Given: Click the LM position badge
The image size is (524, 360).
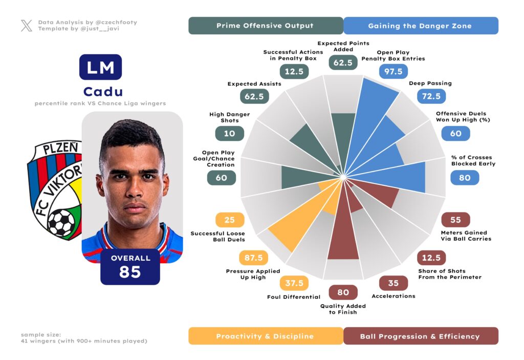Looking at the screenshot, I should (x=100, y=67).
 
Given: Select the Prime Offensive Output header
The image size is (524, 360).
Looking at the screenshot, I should (x=265, y=26).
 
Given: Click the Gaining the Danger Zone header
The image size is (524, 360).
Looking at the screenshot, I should (x=420, y=26).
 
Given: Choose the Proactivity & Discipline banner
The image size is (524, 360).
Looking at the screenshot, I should (x=265, y=336).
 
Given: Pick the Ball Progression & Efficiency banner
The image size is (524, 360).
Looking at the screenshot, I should (x=420, y=336).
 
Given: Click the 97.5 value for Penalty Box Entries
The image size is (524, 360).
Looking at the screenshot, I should (x=394, y=71).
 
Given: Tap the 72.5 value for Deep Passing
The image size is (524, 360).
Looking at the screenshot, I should (x=431, y=96).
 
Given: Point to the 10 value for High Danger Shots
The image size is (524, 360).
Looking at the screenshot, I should (x=229, y=133).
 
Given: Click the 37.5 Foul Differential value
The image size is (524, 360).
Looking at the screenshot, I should (x=294, y=283).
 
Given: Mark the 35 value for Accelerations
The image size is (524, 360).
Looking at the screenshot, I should (x=393, y=283).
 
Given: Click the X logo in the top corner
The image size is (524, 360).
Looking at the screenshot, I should (x=27, y=26).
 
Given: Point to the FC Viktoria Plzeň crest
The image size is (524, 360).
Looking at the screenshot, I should (x=54, y=189).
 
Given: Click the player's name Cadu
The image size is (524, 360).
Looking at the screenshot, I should (x=103, y=92).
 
